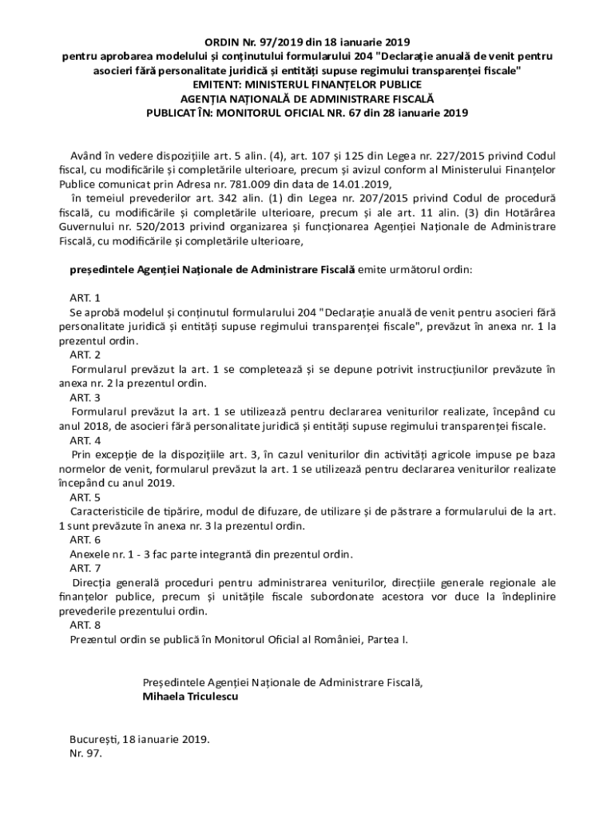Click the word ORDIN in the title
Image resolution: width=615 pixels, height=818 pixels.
[217, 42]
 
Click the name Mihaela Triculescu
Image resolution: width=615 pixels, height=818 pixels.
[190, 697]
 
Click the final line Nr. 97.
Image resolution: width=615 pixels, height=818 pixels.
[86, 753]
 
